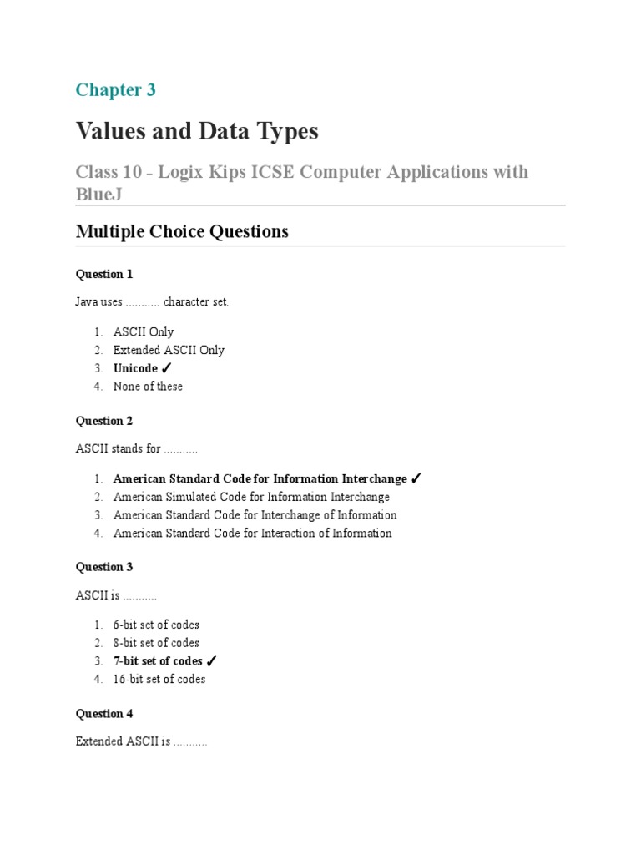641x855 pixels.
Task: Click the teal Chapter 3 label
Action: click(x=115, y=90)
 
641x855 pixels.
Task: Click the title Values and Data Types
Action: click(x=197, y=131)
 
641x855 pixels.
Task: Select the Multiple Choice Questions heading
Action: click(x=182, y=231)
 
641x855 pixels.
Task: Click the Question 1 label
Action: click(x=104, y=274)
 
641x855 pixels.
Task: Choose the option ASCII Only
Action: click(x=144, y=332)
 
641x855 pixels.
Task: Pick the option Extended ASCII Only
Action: click(x=169, y=350)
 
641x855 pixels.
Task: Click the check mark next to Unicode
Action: click(x=166, y=368)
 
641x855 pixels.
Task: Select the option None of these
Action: click(x=148, y=386)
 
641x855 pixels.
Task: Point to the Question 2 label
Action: click(x=104, y=421)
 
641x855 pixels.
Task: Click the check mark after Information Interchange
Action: click(x=416, y=479)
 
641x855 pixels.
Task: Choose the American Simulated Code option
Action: click(x=251, y=497)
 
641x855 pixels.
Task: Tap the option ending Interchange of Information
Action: click(x=255, y=515)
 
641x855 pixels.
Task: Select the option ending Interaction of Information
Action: click(x=252, y=533)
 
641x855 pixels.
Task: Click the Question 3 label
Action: click(x=104, y=567)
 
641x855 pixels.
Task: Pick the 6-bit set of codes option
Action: click(x=156, y=625)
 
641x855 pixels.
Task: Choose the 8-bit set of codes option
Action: click(x=156, y=643)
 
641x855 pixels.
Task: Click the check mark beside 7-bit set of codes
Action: click(x=211, y=661)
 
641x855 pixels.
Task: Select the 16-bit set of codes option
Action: click(x=159, y=679)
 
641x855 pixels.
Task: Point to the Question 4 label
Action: click(x=104, y=714)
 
